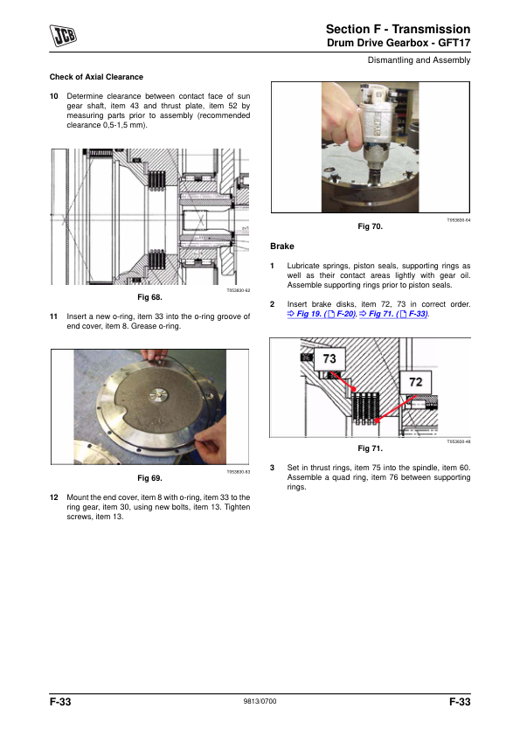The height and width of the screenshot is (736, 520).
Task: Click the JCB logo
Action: (x=63, y=36)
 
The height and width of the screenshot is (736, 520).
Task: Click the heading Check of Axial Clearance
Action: (x=96, y=77)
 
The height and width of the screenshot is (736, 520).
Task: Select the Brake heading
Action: (x=282, y=246)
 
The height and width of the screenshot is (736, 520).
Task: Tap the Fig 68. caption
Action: (x=149, y=297)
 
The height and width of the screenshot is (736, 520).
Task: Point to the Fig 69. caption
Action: (x=149, y=478)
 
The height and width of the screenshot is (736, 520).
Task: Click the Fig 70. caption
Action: (x=371, y=226)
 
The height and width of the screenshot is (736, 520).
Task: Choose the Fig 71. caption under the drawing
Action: (x=371, y=448)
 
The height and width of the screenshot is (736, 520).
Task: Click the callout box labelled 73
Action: (x=329, y=359)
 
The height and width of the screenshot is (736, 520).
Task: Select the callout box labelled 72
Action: (x=416, y=382)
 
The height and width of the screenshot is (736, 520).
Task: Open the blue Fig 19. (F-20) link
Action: (x=322, y=314)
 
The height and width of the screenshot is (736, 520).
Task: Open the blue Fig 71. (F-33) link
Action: (x=394, y=314)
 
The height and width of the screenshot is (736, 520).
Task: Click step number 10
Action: (x=54, y=96)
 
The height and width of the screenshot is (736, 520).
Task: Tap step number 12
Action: (x=54, y=497)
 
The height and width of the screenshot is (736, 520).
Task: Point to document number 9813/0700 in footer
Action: (x=260, y=701)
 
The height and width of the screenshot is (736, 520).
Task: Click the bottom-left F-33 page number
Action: (x=60, y=702)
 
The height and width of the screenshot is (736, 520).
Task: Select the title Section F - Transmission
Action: (x=398, y=29)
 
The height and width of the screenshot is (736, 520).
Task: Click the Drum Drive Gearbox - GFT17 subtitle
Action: (x=399, y=43)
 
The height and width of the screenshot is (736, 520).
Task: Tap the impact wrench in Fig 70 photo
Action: (x=378, y=130)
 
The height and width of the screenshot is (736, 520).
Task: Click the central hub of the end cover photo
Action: (x=159, y=395)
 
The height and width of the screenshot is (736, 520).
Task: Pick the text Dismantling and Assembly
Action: (x=419, y=60)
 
